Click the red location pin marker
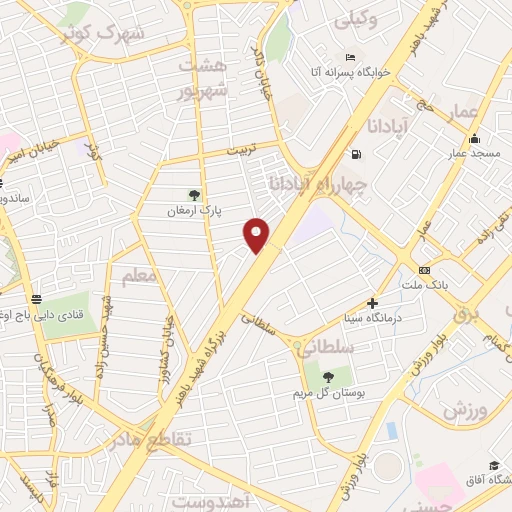[258, 234]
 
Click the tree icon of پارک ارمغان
[194, 195]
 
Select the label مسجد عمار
[473, 153]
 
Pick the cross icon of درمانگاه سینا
[372, 302]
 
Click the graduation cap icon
[494, 465]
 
